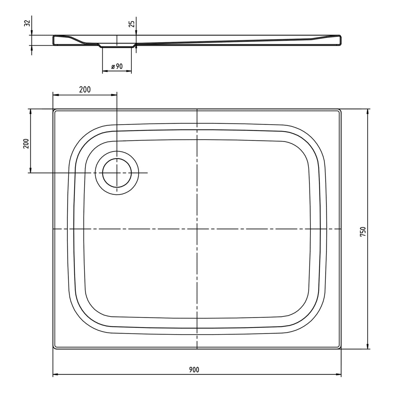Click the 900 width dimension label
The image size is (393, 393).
pyautogui.click(x=194, y=370)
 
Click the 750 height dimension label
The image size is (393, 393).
pyautogui.click(x=363, y=232)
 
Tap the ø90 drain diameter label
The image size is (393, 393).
pyautogui.click(x=117, y=66)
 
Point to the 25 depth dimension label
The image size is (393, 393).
pyautogui.click(x=132, y=24)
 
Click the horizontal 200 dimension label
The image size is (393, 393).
pyautogui.click(x=85, y=90)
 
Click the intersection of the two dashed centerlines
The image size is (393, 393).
pyautogui.click(x=197, y=229)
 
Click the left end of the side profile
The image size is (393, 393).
pyautogui.click(x=53, y=40)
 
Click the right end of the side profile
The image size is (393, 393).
pyautogui.click(x=341, y=40)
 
